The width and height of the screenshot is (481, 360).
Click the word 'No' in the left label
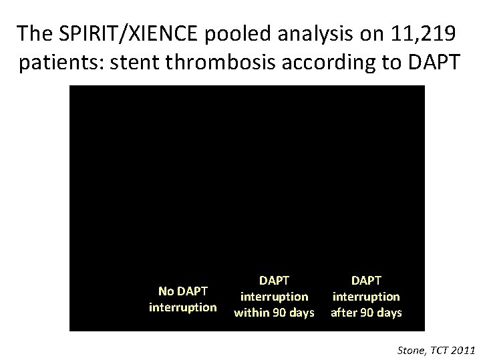165,291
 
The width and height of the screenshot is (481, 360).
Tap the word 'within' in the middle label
253,312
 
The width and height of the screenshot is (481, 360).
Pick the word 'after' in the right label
344,312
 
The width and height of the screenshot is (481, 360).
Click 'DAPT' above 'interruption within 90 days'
274,281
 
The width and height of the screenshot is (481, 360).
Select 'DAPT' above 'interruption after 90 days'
365,281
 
